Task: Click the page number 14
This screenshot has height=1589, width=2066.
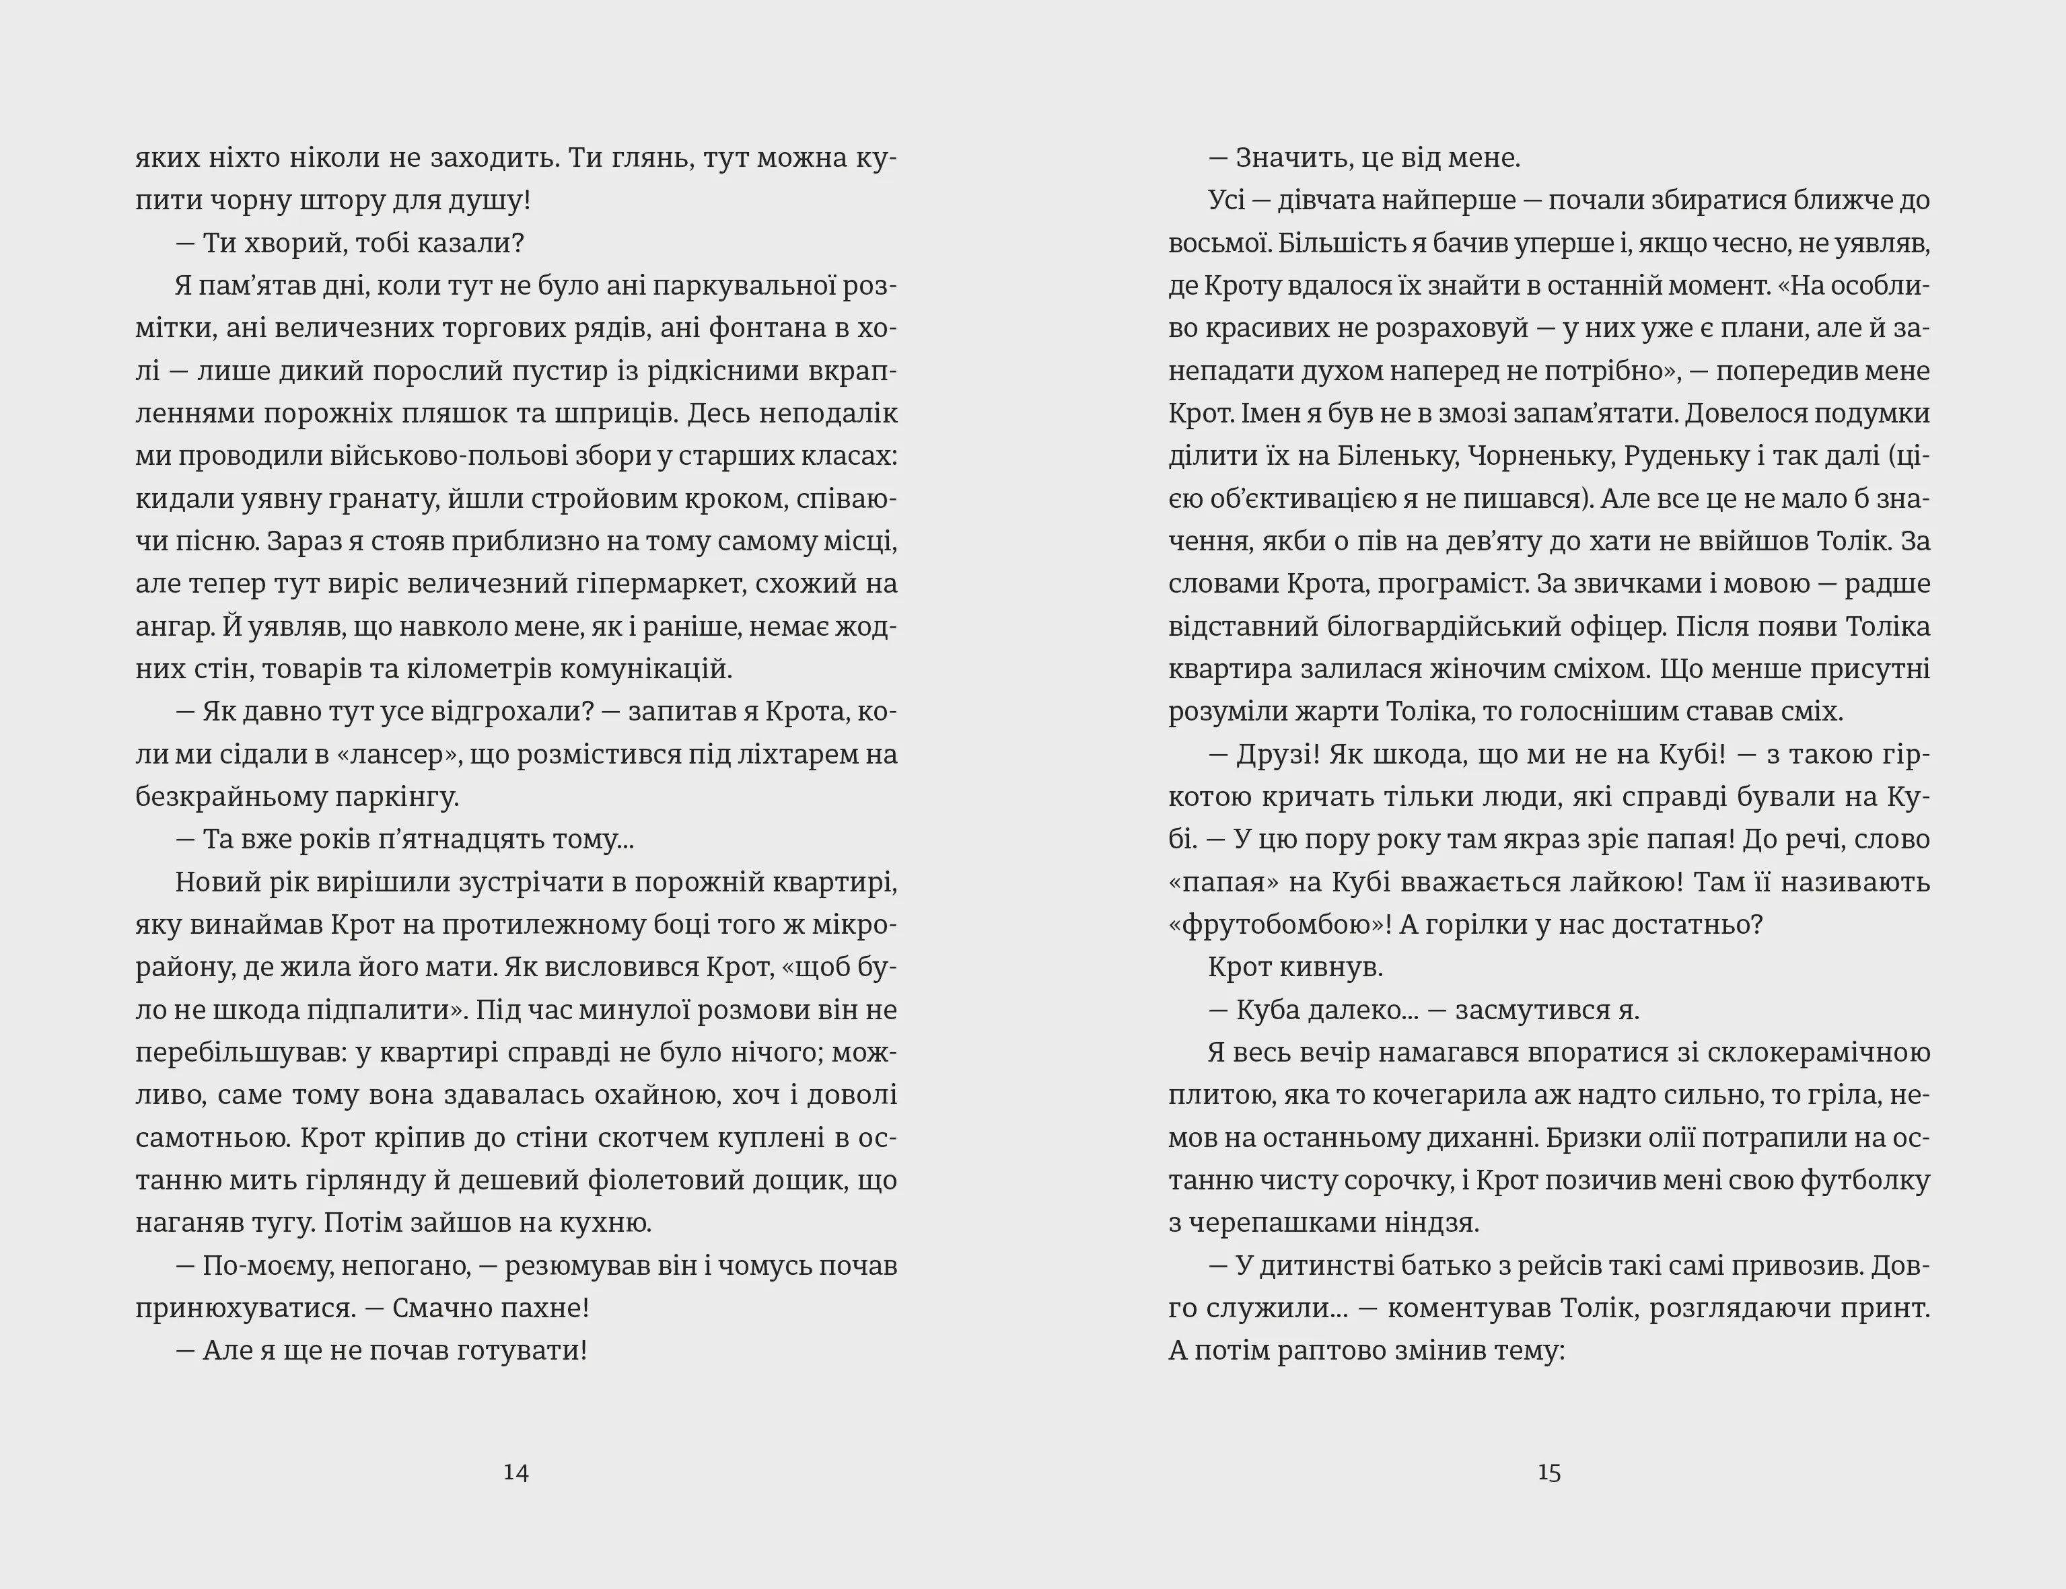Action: pyautogui.click(x=515, y=1472)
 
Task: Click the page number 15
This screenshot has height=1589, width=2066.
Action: pyautogui.click(x=1548, y=1472)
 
